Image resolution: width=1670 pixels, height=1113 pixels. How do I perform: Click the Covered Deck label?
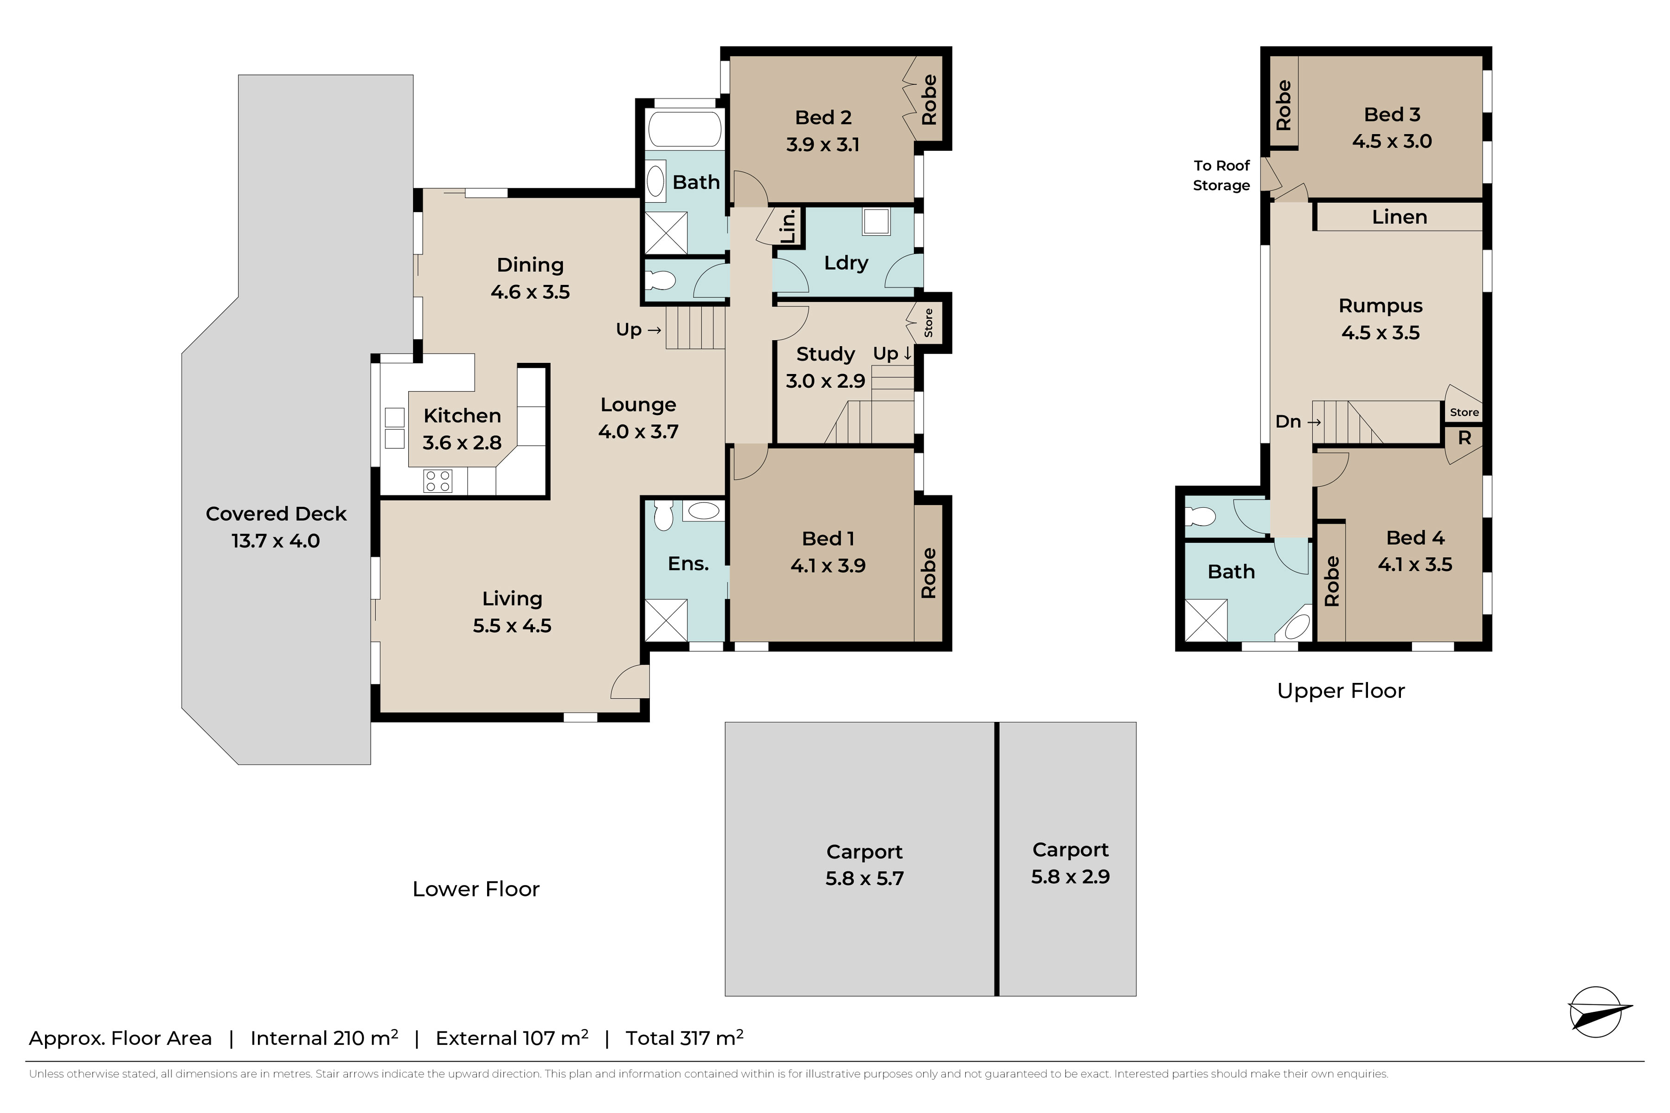[276, 514]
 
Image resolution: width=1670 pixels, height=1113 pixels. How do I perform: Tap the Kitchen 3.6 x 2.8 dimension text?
[462, 443]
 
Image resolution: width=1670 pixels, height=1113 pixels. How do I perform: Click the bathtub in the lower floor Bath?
[685, 129]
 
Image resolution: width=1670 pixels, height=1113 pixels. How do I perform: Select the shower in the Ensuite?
[666, 620]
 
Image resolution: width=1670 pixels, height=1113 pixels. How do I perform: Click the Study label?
[825, 354]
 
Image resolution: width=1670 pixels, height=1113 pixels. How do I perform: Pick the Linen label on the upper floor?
[1399, 217]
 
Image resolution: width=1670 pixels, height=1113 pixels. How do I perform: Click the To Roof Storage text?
[1221, 175]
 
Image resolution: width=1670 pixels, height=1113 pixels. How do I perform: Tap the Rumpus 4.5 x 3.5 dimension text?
[1381, 333]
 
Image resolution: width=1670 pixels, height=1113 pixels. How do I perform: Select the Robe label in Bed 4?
[1332, 581]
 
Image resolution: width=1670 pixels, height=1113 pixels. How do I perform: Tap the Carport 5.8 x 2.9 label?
[1070, 863]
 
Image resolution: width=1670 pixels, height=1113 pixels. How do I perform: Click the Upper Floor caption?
[1341, 691]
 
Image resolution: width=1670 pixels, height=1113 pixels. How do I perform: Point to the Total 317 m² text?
[684, 1038]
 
